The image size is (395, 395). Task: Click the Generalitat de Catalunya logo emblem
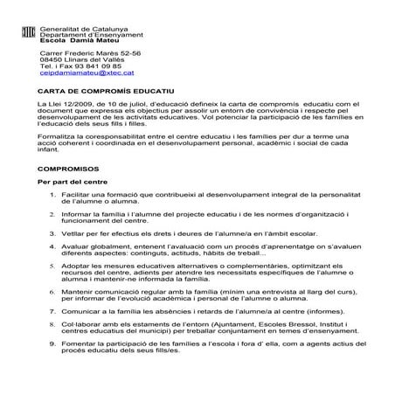tap(25, 32)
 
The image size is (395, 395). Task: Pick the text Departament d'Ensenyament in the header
tap(85, 33)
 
